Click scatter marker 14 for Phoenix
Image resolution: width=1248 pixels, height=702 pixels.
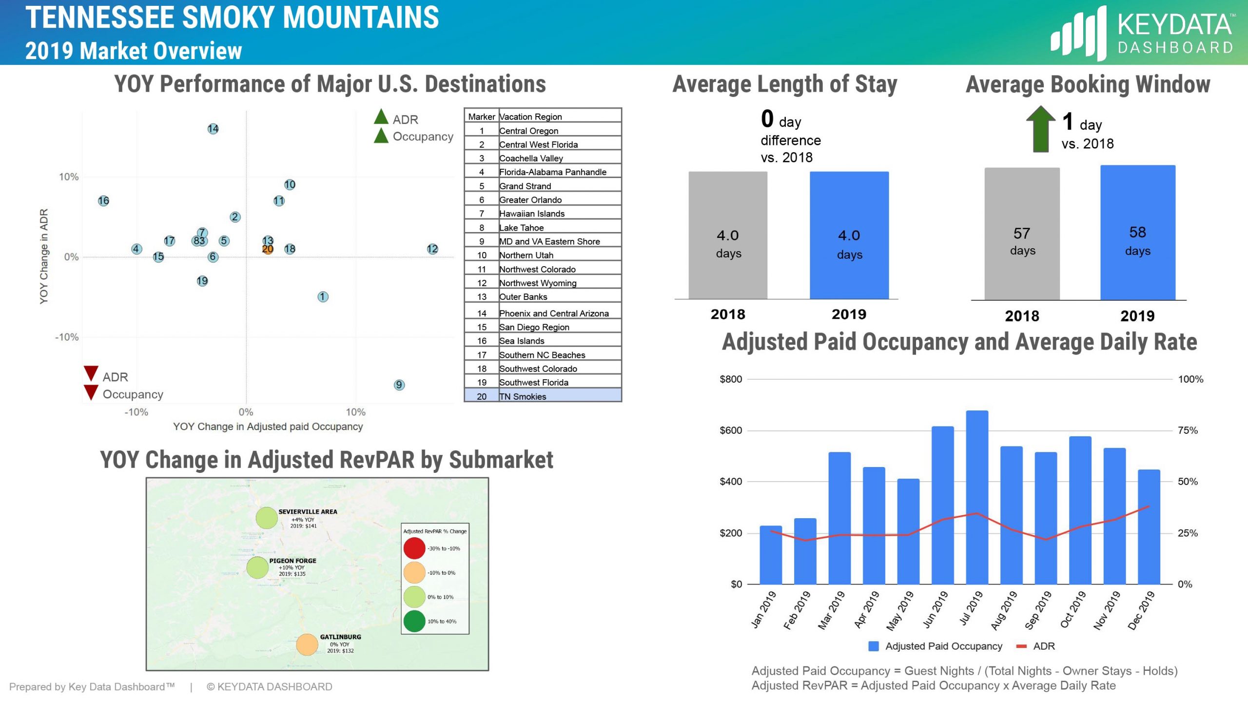point(213,129)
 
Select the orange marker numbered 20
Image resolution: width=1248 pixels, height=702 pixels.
point(268,249)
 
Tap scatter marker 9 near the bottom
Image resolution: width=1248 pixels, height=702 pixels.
point(399,385)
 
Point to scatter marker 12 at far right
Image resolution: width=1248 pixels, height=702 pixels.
point(432,249)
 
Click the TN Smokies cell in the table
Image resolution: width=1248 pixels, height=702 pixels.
point(523,396)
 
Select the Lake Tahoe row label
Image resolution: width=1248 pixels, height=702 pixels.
point(521,228)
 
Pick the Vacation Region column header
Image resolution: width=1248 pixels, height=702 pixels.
point(530,117)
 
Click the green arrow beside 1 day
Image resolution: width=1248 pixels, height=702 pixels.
point(1040,130)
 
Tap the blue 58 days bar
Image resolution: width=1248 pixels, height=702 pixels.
point(1137,233)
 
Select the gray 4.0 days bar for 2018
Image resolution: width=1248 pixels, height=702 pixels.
point(727,235)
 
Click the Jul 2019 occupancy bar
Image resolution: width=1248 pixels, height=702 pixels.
point(977,497)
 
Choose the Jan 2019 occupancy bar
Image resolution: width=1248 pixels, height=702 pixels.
point(770,555)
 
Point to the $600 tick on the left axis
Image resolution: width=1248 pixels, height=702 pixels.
point(730,430)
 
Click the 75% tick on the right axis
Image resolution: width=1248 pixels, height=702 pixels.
point(1187,430)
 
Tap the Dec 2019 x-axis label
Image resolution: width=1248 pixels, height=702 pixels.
point(1142,610)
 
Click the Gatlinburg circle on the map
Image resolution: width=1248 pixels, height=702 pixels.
point(307,644)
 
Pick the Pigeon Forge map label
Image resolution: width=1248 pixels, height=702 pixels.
point(292,561)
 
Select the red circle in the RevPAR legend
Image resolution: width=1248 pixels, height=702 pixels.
point(414,548)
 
